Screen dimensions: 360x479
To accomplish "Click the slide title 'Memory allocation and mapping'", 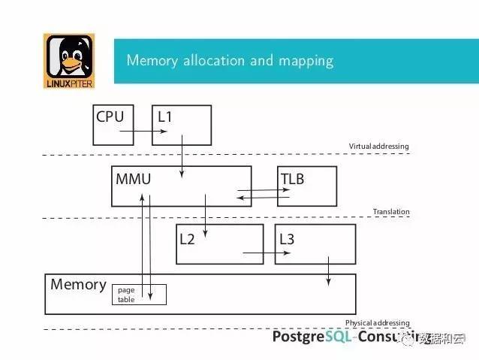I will tap(230, 60).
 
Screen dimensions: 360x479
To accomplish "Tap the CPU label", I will tap(110, 116).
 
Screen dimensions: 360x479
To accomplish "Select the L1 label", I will tap(164, 116).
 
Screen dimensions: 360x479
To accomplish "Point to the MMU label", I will tap(134, 180).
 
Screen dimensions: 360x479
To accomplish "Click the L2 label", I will tap(187, 239).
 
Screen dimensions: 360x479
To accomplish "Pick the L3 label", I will tap(287, 239).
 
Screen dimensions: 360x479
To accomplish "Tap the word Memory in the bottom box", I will tap(78, 285).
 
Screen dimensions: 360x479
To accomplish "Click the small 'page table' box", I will tap(139, 294).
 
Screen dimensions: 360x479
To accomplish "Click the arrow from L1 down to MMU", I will tap(182, 160).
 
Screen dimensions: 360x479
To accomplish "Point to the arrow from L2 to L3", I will tap(267, 253).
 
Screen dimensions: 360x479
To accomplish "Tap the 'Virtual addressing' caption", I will tap(378, 146).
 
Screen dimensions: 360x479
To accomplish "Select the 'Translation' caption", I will tap(391, 212).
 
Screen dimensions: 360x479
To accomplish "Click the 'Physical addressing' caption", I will tap(377, 322).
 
